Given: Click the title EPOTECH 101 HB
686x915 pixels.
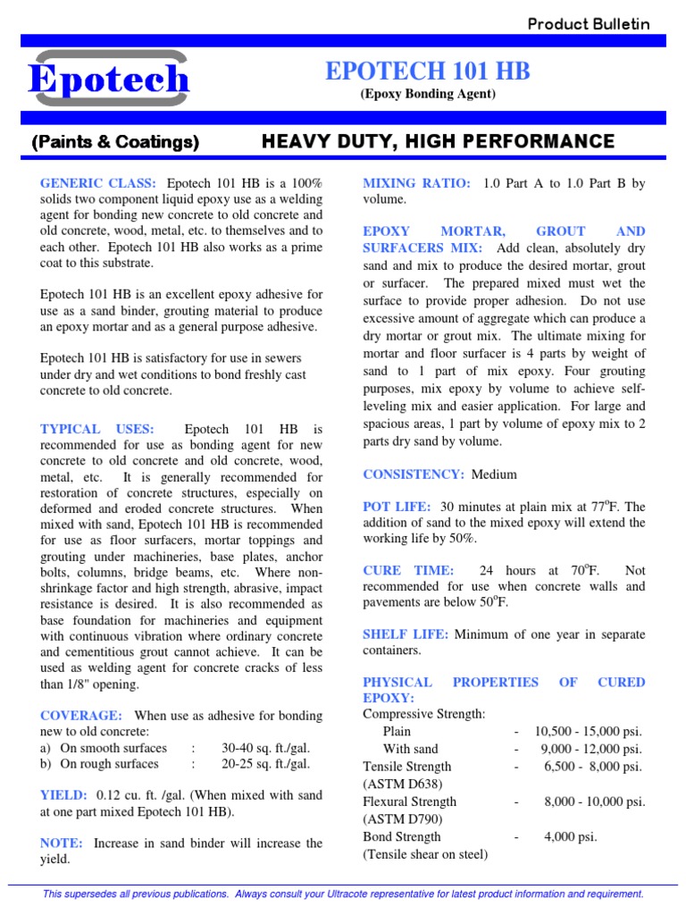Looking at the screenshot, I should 428,71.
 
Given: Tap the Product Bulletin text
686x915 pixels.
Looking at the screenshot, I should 589,24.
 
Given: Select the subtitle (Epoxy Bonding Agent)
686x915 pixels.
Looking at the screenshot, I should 428,94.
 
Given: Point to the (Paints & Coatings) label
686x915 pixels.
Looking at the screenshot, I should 115,142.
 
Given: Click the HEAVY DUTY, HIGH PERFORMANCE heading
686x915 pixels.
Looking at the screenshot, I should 438,141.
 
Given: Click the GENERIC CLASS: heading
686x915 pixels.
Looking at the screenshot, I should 98,183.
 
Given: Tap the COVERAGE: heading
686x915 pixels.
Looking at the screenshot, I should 81,716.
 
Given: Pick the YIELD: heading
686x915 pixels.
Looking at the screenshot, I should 63,794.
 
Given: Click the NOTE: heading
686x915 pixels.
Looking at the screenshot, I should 62,843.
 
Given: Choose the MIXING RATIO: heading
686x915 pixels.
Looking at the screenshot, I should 416,183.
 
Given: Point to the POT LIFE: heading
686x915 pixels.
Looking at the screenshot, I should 397,507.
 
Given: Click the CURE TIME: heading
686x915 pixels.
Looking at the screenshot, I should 408,570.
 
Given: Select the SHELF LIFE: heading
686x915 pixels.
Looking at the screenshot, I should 405,634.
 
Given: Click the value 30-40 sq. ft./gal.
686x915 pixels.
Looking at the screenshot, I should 266,748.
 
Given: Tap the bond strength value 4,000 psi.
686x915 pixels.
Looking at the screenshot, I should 570,837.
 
